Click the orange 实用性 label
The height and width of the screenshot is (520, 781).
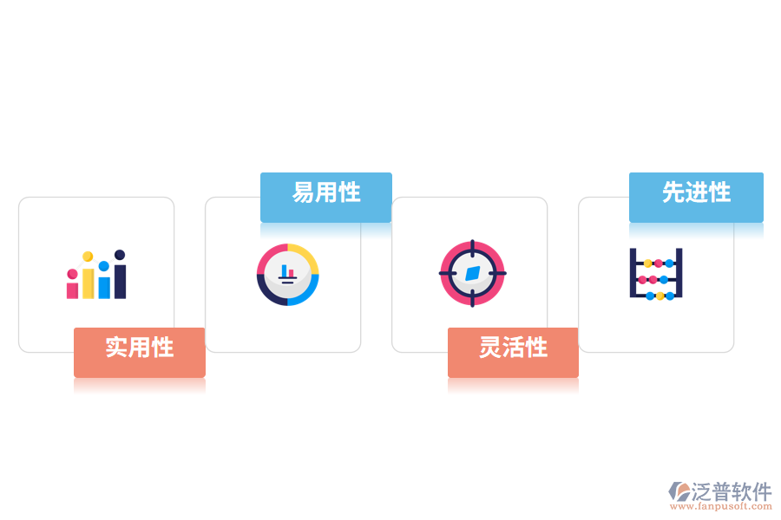pos(140,353)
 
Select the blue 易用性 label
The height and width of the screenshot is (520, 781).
pos(326,197)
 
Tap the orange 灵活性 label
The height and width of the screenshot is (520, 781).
pos(513,353)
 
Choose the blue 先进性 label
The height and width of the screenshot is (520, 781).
pos(696,197)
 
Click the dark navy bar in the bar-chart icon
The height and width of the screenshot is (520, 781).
pos(120,281)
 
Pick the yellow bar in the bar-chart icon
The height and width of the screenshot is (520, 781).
pos(89,283)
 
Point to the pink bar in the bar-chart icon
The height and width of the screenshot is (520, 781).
pos(72,290)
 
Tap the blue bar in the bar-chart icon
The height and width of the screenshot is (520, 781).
pos(104,288)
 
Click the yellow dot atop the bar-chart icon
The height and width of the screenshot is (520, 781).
pos(88,257)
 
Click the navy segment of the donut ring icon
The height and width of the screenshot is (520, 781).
pos(268,294)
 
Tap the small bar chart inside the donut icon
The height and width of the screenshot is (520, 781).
pos(287,274)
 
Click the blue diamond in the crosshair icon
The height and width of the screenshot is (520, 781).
pos(472,273)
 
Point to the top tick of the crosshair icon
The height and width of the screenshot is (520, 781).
pos(473,248)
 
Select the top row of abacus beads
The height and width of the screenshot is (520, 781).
pos(659,263)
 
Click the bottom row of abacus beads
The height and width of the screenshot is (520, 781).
pos(660,296)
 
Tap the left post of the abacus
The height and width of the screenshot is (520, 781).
pos(633,273)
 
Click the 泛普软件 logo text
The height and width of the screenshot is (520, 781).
pos(732,491)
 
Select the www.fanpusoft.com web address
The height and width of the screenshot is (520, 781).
pos(721,506)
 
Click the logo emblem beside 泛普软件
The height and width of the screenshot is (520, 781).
pos(679,491)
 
